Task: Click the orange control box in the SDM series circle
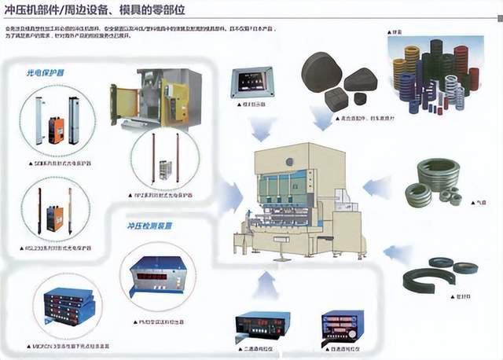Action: [56, 130]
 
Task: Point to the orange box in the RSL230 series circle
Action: [54, 217]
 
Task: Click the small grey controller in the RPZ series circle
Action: [165, 169]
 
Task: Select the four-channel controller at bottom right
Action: [342, 325]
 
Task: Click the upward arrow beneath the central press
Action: [267, 284]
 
